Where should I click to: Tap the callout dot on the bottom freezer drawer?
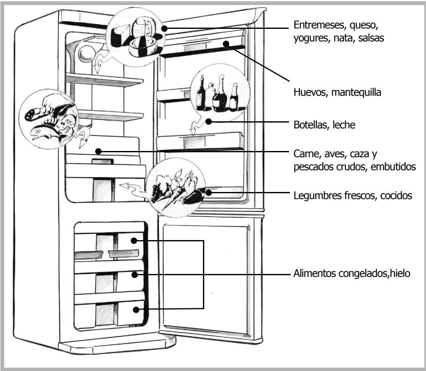[x=135, y=309]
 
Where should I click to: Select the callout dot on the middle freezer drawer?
[x=134, y=274]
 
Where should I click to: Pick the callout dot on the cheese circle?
[x=164, y=28]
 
